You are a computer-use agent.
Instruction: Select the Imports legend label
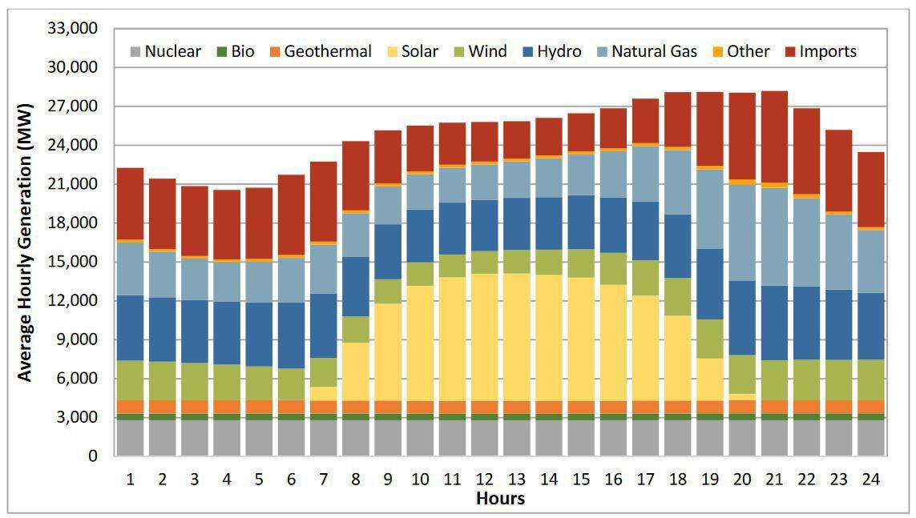[828, 52]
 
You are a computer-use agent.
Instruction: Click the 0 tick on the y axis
[93, 456]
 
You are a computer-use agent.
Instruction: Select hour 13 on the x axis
[515, 479]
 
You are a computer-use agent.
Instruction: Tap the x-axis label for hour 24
[870, 479]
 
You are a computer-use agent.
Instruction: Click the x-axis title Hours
[500, 499]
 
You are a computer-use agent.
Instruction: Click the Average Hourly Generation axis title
[25, 242]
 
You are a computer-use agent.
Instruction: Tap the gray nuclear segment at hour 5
[257, 438]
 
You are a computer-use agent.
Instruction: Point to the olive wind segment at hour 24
[870, 379]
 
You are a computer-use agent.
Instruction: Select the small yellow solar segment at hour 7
[322, 393]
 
